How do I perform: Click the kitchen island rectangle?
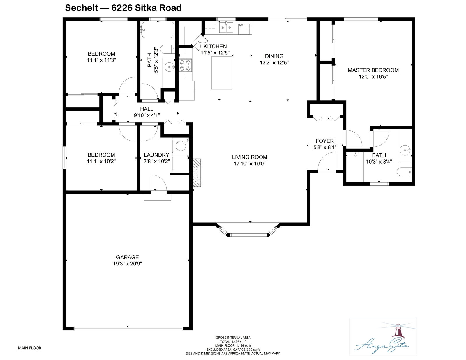click(222, 73)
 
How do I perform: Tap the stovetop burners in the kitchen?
click(185, 65)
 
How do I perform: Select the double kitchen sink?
click(226, 28)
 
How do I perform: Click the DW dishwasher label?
click(241, 25)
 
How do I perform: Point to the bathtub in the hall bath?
click(158, 30)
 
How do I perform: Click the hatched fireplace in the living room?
click(196, 173)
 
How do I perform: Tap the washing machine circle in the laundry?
click(181, 146)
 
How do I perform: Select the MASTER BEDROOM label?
click(373, 70)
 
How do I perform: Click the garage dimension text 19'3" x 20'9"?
click(128, 264)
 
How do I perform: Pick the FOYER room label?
click(325, 141)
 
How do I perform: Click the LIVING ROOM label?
click(250, 157)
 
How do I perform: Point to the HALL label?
click(147, 109)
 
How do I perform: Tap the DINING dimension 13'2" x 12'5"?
click(274, 63)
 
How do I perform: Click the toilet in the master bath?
click(404, 172)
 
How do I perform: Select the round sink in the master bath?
click(405, 150)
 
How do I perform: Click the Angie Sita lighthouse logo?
click(383, 338)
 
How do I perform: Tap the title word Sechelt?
click(82, 8)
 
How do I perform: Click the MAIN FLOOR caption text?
click(30, 348)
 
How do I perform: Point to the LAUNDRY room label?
click(157, 155)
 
